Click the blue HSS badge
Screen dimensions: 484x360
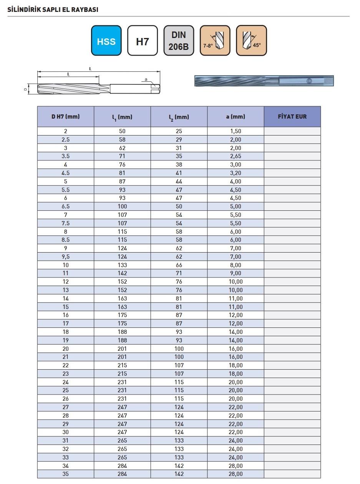[106, 41]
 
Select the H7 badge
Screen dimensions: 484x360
[142, 41]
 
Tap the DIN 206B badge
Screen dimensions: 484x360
[179, 41]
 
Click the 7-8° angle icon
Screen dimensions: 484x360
[215, 41]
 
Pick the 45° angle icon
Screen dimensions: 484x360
[251, 41]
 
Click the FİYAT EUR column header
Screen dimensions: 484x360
[292, 117]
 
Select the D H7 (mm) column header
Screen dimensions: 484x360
[66, 117]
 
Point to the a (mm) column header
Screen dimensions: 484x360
[236, 117]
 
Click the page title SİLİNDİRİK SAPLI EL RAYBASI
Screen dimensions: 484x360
[53, 10]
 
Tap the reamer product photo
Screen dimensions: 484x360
[264, 81]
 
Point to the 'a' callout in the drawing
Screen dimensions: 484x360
[146, 79]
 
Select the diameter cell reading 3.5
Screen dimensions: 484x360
[66, 156]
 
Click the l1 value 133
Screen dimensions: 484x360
[122, 265]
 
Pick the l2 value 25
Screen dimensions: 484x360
[179, 131]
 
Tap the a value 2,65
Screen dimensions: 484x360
[236, 156]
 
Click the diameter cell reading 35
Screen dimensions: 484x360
[66, 474]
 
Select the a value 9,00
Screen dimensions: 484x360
[236, 273]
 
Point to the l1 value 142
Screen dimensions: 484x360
[122, 273]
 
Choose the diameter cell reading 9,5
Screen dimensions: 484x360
[66, 256]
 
